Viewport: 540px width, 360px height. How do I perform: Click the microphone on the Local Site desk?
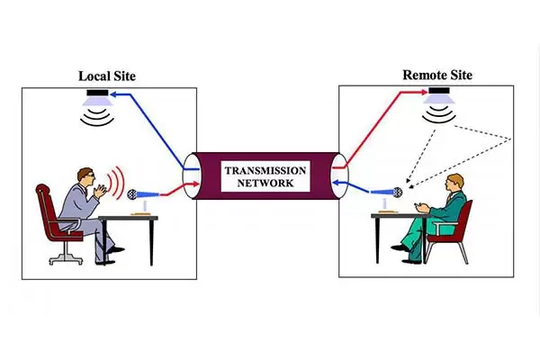click(x=135, y=193)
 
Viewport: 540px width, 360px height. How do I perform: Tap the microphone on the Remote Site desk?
click(x=393, y=192)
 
